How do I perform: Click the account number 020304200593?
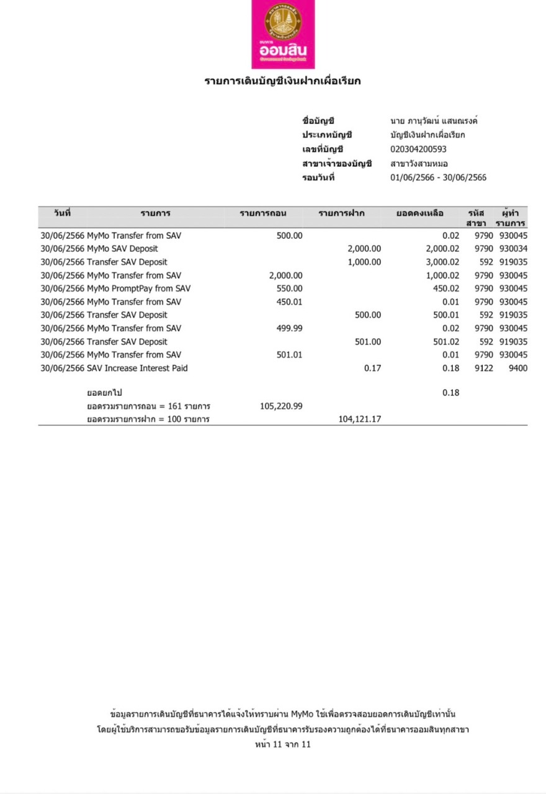pos(418,149)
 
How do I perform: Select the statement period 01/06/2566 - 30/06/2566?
pos(438,178)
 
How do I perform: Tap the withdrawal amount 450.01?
pos(289,302)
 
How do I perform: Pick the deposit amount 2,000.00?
pos(364,249)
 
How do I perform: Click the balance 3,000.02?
pos(442,262)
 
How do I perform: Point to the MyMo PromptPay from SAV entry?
pos(138,288)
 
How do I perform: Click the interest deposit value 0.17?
pos(372,368)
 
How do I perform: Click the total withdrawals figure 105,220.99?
pos(282,406)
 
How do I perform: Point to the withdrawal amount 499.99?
pos(289,329)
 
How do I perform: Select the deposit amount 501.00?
pos(368,342)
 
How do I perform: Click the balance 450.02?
pos(446,288)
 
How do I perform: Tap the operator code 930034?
pos(512,249)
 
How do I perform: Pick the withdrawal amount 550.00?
pos(289,288)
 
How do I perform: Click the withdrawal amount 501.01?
pos(289,355)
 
